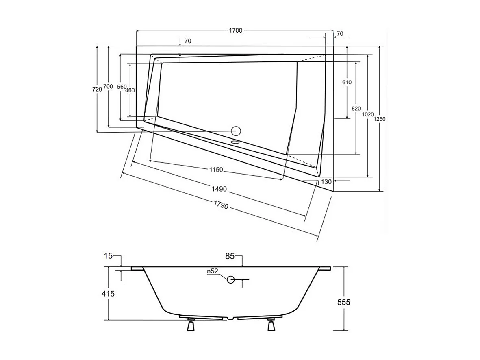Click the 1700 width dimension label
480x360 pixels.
pos(236,31)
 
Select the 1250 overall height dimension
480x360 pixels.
pos(380,119)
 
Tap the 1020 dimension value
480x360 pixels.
pos(367,115)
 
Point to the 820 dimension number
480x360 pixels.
pos(356,108)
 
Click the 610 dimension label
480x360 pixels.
pos(347,82)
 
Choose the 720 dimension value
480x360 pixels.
pos(97,89)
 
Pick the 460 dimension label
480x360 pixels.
pos(130,90)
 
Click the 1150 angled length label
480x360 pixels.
pos(216,170)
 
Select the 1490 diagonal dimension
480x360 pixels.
pos(219,189)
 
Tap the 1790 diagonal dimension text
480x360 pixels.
pos(219,206)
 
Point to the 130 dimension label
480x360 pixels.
pos(326,182)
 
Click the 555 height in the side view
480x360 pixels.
pos(344,302)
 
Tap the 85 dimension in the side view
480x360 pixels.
pos(230,257)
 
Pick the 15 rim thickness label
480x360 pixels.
pos(108,256)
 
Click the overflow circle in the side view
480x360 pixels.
pos(231,279)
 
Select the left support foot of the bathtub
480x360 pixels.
pos(191,326)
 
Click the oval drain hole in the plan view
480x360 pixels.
pos(235,142)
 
